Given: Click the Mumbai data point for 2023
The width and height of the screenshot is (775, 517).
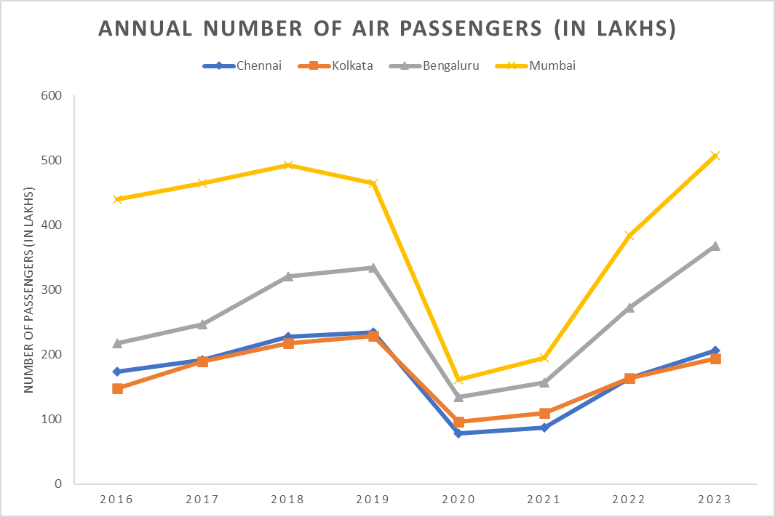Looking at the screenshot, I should coord(715,156).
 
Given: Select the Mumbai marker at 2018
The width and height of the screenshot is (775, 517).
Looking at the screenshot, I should coord(288,165).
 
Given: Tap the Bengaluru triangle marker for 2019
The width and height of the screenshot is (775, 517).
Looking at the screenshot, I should coord(373,267).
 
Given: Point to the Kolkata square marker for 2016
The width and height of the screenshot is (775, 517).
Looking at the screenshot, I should coord(117,388).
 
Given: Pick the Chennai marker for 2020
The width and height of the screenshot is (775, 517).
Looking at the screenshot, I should coord(458,433).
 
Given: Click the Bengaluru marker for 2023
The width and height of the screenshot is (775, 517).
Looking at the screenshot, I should coord(715,246).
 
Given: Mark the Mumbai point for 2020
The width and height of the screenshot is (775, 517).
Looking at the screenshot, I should coord(458,379).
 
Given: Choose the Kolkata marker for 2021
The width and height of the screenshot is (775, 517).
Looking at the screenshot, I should coord(544,413).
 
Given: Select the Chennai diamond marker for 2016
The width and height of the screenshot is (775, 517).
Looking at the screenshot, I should coord(117,372).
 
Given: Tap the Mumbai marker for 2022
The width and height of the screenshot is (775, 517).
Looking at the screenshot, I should coord(629,236).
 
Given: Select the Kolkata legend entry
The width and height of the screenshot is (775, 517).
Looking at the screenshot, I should coord(336,66).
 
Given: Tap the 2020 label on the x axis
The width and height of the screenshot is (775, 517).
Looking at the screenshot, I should coord(458,500).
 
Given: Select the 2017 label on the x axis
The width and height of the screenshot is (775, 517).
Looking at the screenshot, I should coord(202,500).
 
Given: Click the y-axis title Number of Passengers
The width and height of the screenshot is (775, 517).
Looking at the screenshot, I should coord(29,290).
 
